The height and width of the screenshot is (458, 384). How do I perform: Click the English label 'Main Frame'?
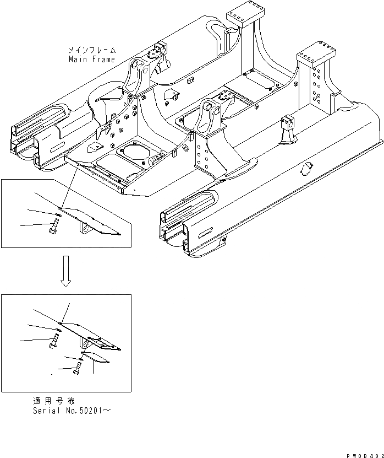[x=92, y=59]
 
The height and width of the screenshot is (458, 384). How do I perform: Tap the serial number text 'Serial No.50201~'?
[x=74, y=411]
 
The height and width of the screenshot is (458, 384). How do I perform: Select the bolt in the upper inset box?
[x=54, y=225]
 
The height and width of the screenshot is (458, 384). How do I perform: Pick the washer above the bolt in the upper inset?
[x=58, y=213]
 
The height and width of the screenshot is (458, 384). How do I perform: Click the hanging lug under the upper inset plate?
[x=84, y=229]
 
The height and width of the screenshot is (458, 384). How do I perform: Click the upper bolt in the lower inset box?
[x=53, y=338]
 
